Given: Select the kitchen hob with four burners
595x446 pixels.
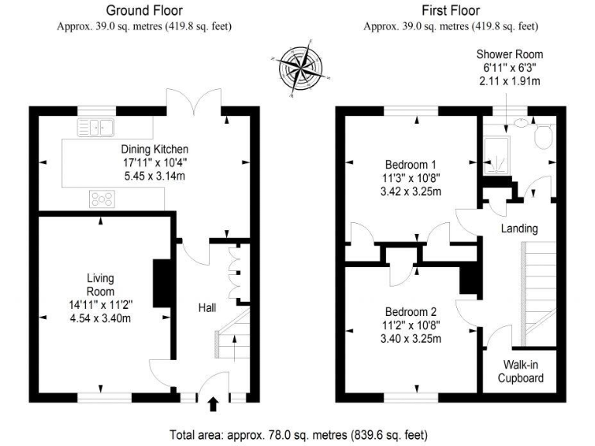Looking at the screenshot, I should [101, 200].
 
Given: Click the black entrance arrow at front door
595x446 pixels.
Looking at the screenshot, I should [215, 402].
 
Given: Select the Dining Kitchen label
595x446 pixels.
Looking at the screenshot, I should [154, 149].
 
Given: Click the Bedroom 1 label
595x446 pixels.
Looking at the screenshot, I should [411, 164].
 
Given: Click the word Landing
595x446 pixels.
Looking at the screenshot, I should [519, 228].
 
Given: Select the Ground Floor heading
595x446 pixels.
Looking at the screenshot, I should [144, 10].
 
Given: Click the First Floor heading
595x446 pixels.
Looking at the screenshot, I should [450, 10].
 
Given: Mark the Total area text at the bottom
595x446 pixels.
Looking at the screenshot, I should [297, 434].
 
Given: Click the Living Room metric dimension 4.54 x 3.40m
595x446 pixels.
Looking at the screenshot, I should [99, 317].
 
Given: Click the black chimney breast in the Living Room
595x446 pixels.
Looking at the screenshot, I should [162, 284].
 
